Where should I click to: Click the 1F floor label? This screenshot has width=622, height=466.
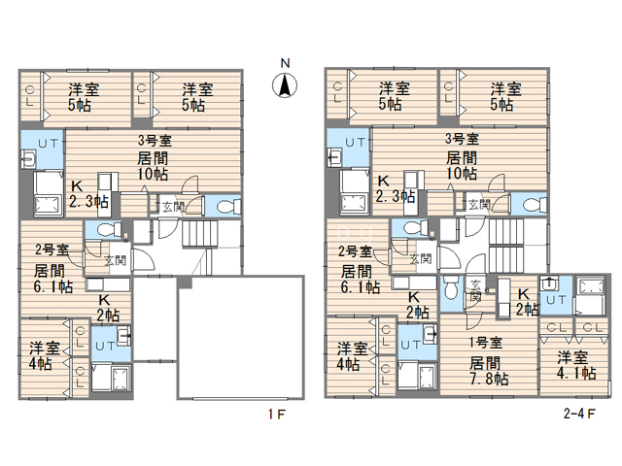tap(276, 415)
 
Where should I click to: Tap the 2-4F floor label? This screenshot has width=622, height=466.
tap(579, 414)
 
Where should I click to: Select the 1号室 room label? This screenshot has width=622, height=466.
tap(486, 343)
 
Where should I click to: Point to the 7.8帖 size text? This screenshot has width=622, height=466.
tap(489, 379)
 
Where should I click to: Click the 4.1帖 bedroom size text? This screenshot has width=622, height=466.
tap(576, 373)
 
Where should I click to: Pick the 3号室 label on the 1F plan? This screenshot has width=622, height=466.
tap(155, 140)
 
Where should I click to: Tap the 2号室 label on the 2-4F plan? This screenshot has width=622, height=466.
tap(355, 251)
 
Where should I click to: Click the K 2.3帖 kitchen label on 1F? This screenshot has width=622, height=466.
tap(88, 194)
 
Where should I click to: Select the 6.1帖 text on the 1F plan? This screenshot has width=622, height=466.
tap(53, 286)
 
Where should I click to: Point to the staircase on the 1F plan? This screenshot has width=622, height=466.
tap(200, 235)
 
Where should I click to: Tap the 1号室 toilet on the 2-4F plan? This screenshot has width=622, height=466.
tap(451, 287)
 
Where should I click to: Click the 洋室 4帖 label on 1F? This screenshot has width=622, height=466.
tap(44, 356)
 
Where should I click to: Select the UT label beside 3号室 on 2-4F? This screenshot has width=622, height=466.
tap(355, 143)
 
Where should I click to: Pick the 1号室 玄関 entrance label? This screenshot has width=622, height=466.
tap(475, 290)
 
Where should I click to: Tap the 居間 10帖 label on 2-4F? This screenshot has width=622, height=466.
tap(462, 166)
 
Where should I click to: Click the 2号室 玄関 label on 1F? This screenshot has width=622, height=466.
tap(115, 261)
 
